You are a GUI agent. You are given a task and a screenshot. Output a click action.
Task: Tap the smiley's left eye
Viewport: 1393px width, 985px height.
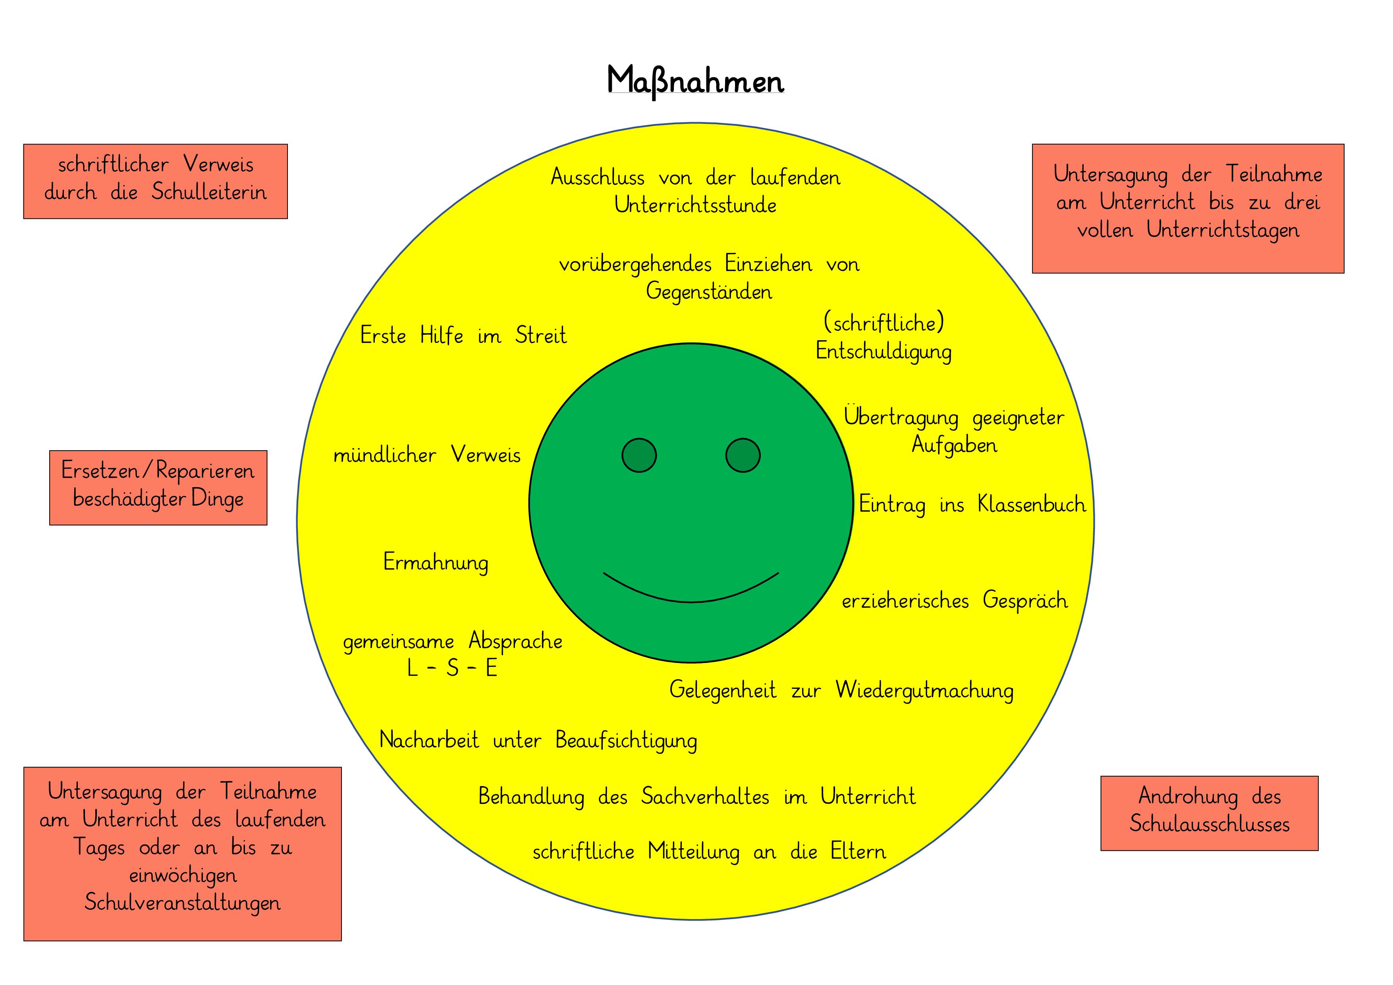pos(639,455)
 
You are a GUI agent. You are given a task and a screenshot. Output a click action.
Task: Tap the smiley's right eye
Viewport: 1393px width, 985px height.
pos(743,455)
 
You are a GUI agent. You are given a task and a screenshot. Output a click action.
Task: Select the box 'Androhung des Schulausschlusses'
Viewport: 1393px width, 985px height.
pos(1209,813)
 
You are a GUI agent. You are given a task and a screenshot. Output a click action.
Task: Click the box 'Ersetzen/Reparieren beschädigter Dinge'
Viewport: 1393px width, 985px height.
pos(158,487)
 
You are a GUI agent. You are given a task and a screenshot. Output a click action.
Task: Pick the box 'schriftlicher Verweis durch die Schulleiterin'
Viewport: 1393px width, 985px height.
pos(155,181)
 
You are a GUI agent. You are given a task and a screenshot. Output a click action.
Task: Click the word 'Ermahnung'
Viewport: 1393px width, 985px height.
pos(436,562)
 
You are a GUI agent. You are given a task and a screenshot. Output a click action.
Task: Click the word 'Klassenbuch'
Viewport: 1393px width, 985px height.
pos(1031,505)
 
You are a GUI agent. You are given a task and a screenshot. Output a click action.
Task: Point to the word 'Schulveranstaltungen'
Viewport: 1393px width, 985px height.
pos(182,902)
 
